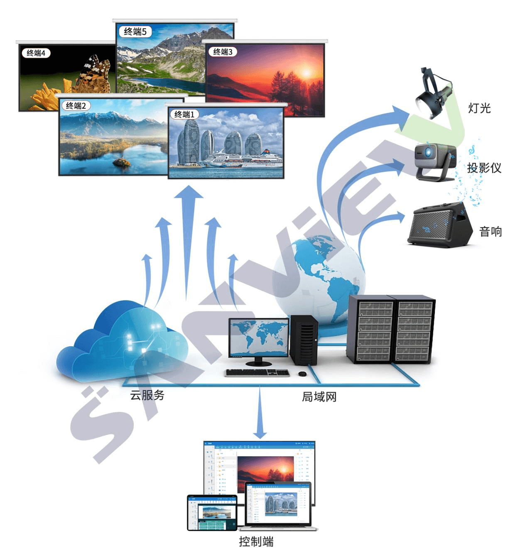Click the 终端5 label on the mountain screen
pos(135,32)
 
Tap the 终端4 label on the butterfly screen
pos(36,53)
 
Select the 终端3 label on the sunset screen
pos(223,52)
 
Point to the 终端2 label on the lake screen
pos(76,106)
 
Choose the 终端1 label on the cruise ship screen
pos(184,115)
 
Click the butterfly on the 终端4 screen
pos(96,76)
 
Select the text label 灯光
pos(479,108)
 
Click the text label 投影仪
pos(484,168)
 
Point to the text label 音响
pos(490,232)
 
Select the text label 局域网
pos(319,397)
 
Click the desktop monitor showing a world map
pos(258,338)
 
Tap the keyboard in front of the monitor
pos(257,373)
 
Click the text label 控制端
pos(256,542)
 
